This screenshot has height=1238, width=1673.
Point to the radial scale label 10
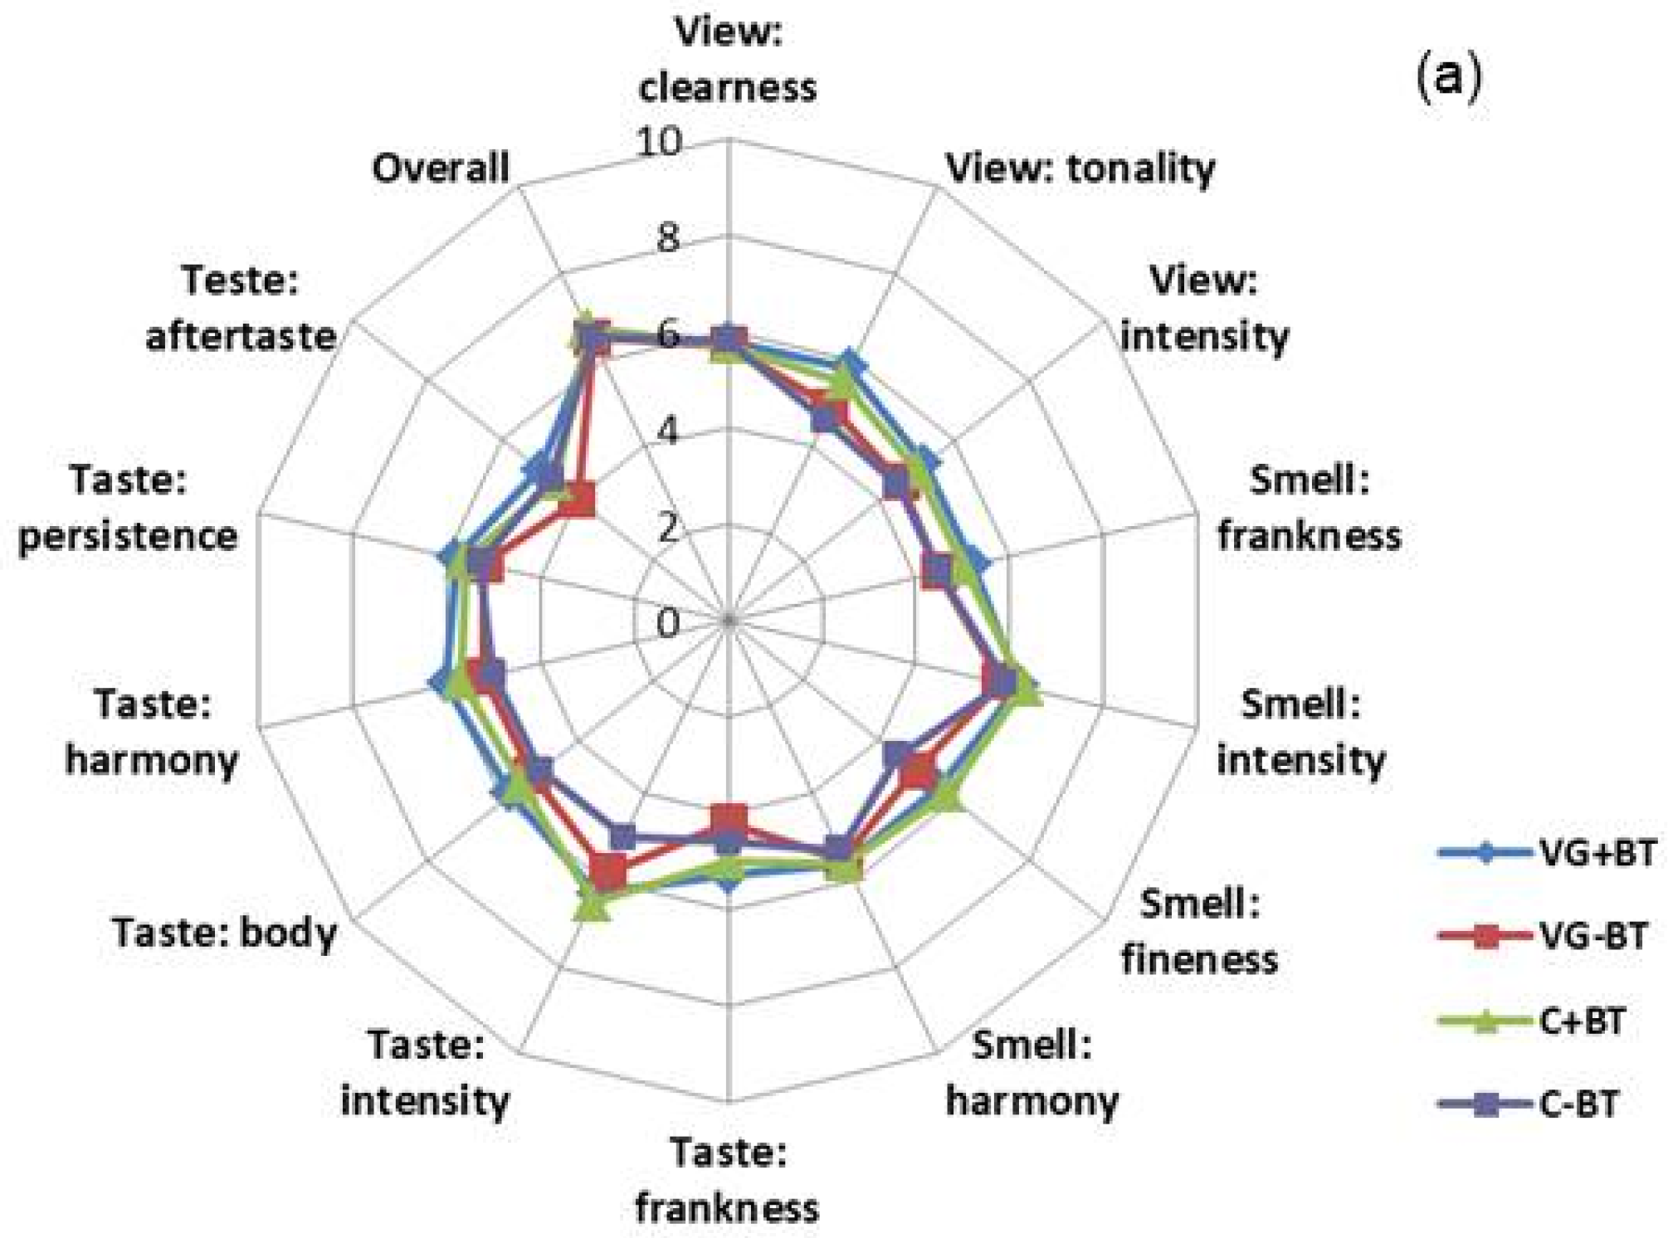(660, 143)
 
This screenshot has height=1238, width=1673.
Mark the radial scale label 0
(668, 623)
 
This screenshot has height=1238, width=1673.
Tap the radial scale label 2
(668, 528)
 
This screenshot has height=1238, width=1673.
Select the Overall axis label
(440, 168)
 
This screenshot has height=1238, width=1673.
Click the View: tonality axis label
(1080, 168)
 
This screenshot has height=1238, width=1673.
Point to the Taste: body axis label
(224, 933)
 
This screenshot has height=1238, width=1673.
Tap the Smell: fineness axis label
(1199, 931)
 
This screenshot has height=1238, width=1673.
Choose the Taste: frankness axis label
(727, 1180)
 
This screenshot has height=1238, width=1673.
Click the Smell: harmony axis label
(1032, 1073)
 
